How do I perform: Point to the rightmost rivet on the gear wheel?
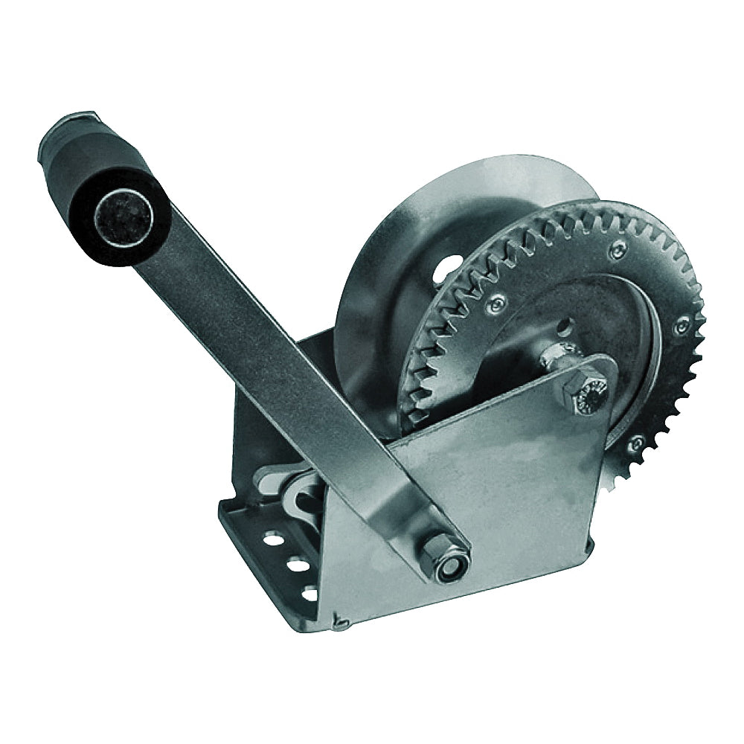click(680, 325)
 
